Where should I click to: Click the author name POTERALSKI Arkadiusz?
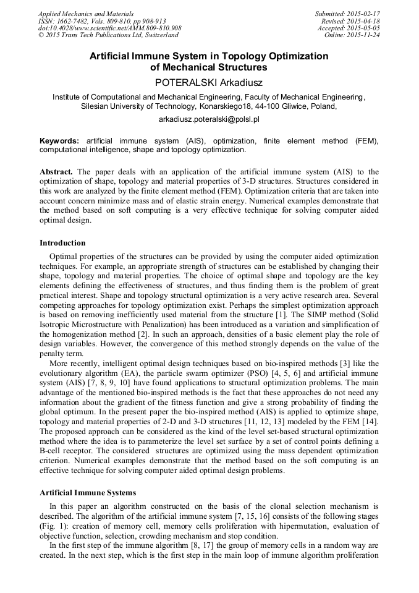(x=209, y=81)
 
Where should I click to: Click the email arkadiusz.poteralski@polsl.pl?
(x=209, y=118)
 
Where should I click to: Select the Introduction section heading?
(x=62, y=243)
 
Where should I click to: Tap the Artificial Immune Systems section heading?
(x=88, y=493)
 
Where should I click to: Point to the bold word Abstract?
(x=56, y=171)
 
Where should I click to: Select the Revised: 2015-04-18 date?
(x=350, y=21)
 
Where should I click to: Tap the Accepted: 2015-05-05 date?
(x=348, y=28)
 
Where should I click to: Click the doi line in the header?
(x=110, y=28)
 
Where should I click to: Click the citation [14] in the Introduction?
(x=370, y=421)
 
